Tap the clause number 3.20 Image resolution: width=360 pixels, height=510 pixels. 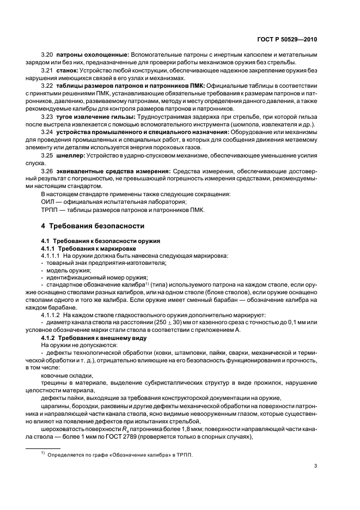point(47,54)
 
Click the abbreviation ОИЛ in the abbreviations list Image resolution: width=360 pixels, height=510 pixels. point(47,202)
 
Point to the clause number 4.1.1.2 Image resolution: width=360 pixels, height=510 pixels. point(51,314)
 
